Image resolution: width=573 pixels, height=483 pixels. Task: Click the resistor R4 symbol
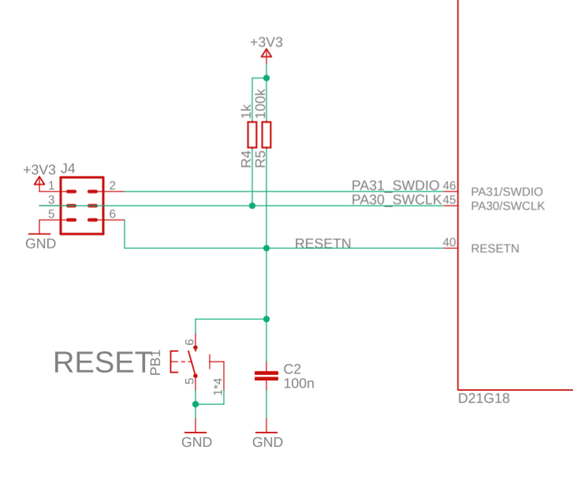point(252,135)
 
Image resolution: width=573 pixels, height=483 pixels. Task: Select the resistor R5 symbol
point(267,135)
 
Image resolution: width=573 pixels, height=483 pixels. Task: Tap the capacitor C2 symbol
point(266,376)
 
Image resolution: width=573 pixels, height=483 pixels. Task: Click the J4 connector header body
point(82,205)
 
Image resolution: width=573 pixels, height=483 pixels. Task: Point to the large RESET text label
point(102,362)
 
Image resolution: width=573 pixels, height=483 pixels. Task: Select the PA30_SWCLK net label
point(396,200)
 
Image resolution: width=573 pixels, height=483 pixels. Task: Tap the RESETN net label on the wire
point(322,243)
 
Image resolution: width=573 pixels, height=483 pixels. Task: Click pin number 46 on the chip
point(449,185)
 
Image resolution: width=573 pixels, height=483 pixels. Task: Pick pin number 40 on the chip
point(449,243)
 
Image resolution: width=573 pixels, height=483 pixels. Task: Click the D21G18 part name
point(484,399)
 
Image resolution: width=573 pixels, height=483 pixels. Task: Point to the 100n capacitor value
point(299,384)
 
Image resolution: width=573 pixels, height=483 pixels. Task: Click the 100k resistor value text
point(261,103)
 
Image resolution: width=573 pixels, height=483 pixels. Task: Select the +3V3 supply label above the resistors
point(266,43)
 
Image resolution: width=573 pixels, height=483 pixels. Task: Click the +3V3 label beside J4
point(39,169)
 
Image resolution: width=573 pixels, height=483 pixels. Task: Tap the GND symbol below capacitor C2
point(267,438)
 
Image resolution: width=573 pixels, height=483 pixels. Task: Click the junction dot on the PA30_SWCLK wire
point(252,206)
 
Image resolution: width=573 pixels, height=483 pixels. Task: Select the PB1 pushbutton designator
point(155,362)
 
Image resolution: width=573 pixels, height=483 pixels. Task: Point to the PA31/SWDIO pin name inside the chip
point(507,191)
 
